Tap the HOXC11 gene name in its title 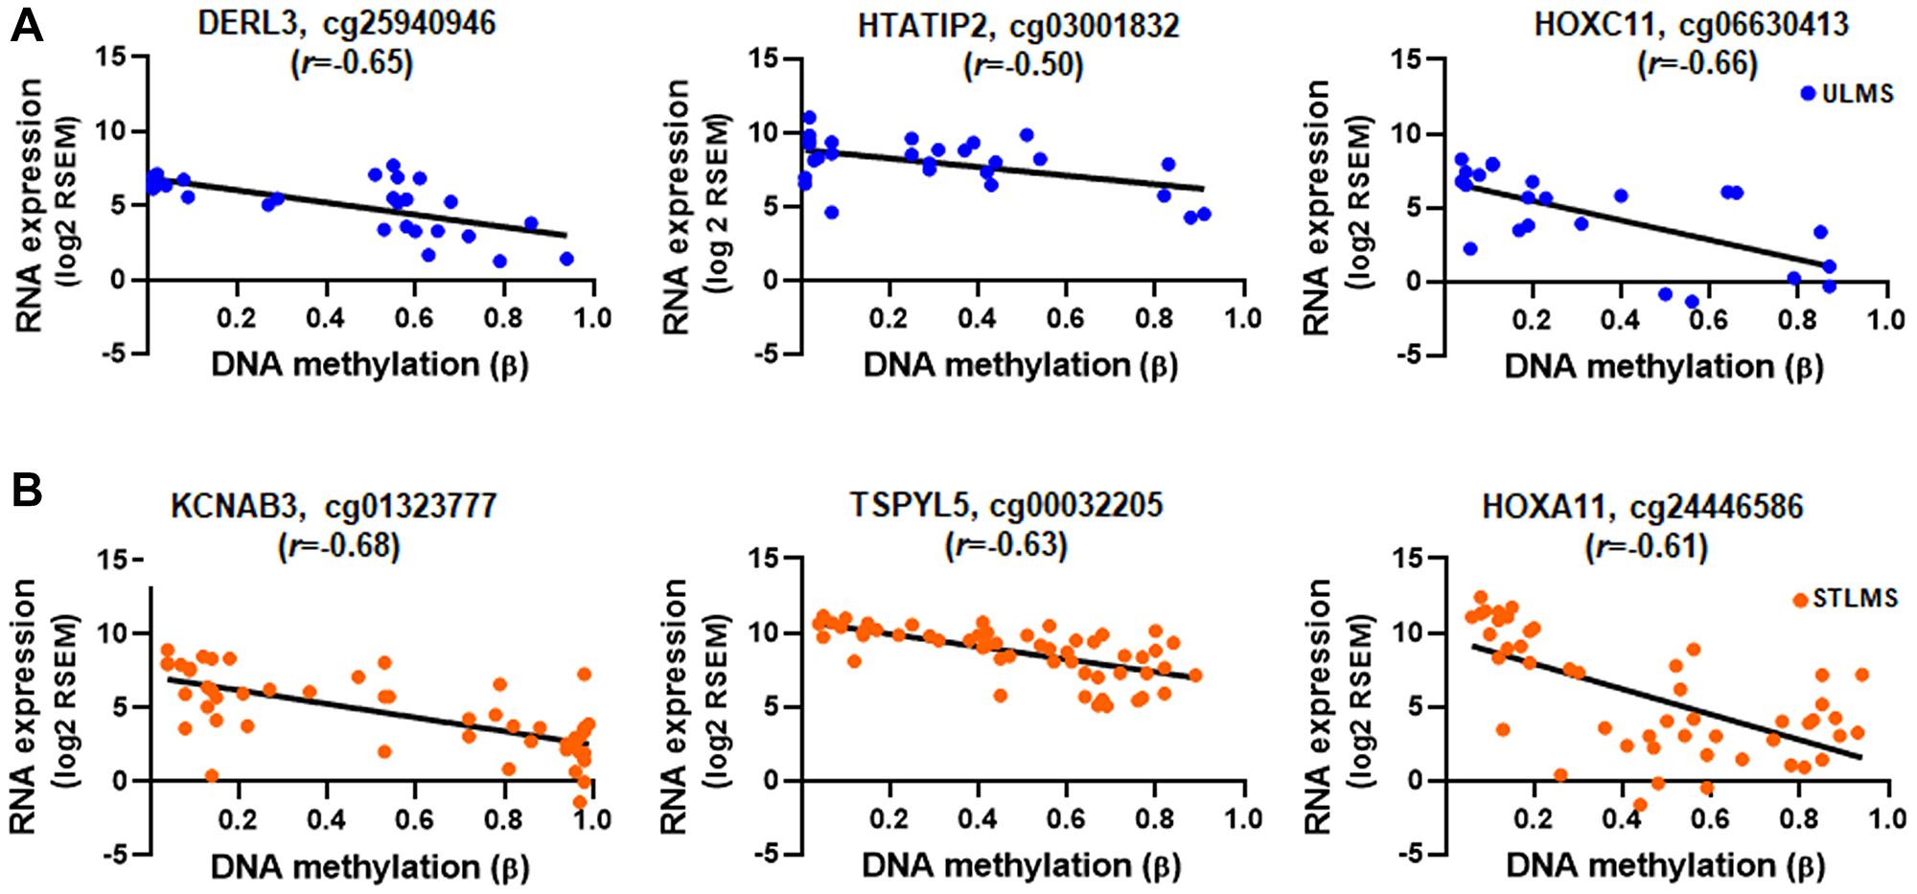tap(1594, 23)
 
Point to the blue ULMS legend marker tap(1808, 94)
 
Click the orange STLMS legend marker tap(1800, 600)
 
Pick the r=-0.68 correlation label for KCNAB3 tap(339, 546)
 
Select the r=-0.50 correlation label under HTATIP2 tap(1023, 65)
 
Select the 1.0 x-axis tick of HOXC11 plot tap(1885, 320)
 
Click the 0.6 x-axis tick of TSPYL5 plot tap(1066, 820)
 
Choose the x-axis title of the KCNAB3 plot tap(369, 868)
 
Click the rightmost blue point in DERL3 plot tap(566, 259)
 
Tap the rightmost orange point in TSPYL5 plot tap(1195, 676)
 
